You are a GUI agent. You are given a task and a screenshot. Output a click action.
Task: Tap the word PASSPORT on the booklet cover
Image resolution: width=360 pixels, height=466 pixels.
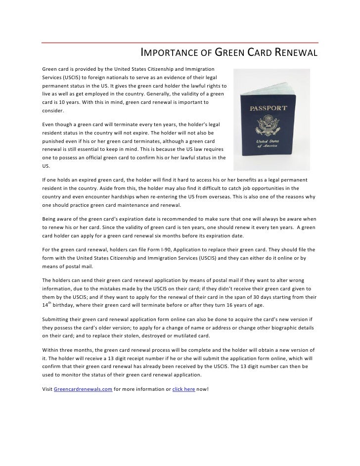click(268, 107)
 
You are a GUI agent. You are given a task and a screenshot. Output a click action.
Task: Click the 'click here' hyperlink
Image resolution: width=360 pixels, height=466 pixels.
click(183, 389)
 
